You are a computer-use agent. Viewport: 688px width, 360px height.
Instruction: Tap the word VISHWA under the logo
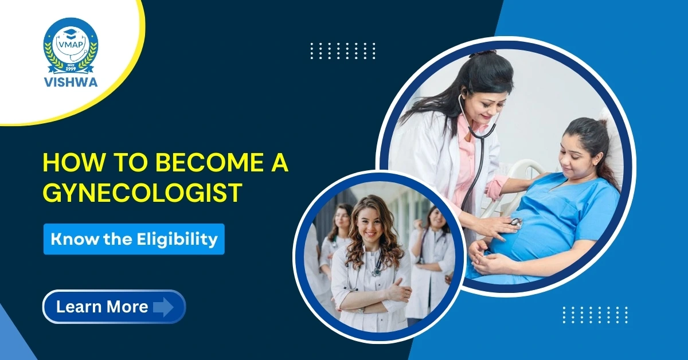click(71, 81)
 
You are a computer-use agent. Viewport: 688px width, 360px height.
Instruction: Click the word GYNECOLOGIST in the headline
click(142, 193)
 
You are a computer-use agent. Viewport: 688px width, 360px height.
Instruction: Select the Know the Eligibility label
click(134, 239)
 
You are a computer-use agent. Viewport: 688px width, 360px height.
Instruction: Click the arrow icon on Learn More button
click(163, 307)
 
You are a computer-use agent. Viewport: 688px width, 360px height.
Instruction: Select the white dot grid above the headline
click(343, 51)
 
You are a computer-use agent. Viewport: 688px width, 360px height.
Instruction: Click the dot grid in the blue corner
click(595, 315)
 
